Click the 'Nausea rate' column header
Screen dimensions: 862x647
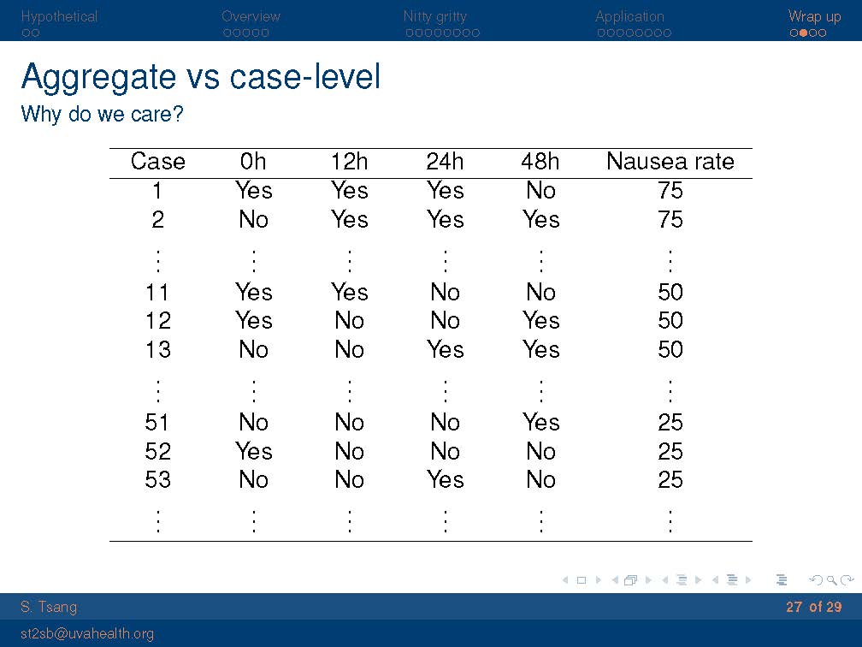[x=670, y=162]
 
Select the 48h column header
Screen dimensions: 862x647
[x=540, y=162]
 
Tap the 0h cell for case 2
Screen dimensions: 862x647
[x=253, y=219]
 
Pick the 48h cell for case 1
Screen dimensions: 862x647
[x=541, y=190]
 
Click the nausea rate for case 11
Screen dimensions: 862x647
[x=670, y=292]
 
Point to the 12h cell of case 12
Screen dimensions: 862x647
[x=350, y=320]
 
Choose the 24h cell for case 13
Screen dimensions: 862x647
[x=446, y=349]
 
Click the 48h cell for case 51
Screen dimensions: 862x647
[x=541, y=423]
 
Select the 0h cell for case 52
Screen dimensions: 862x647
[x=253, y=451]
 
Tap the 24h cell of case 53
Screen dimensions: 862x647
[x=446, y=480]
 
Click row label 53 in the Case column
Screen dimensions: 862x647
[x=157, y=480]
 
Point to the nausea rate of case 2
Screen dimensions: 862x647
[x=670, y=219]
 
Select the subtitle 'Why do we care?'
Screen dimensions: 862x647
[x=103, y=115]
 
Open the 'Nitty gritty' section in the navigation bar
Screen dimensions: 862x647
[x=434, y=16]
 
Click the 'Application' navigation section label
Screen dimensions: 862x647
[x=629, y=16]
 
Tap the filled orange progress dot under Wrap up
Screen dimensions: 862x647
[x=803, y=33]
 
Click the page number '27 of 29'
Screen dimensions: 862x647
[x=813, y=607]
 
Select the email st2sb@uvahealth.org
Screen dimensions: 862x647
[x=87, y=634]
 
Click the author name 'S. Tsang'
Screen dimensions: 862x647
[x=49, y=608]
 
